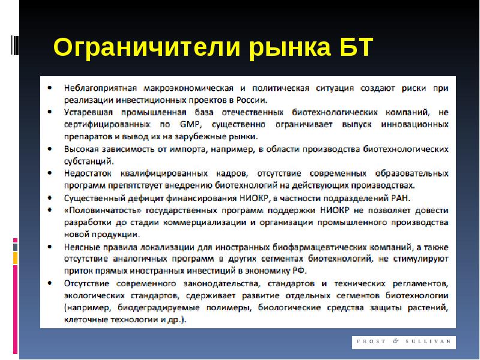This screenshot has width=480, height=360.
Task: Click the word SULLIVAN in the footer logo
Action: pos(428,341)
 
